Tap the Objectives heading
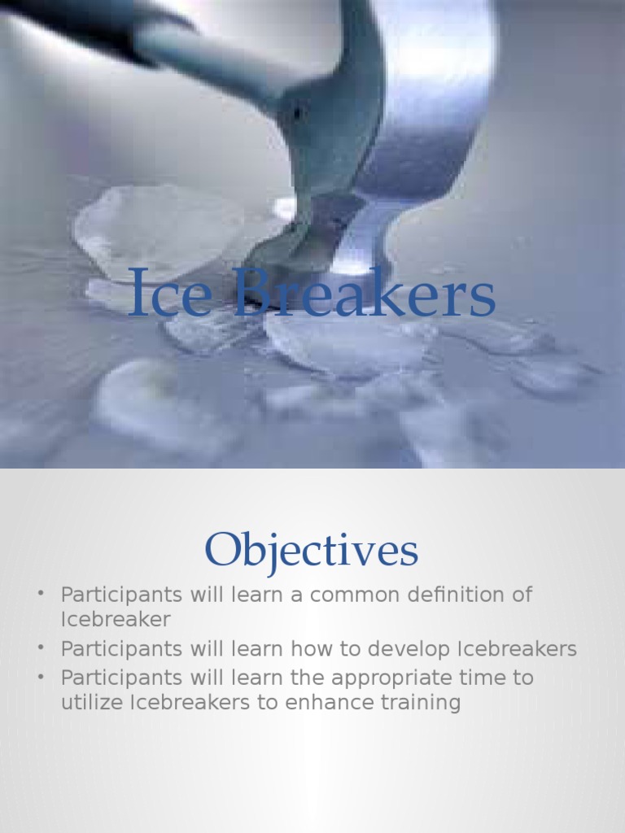[312, 550]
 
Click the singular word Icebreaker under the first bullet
[116, 619]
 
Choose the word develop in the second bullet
[409, 649]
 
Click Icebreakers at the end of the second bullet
[517, 649]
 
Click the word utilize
[92, 703]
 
